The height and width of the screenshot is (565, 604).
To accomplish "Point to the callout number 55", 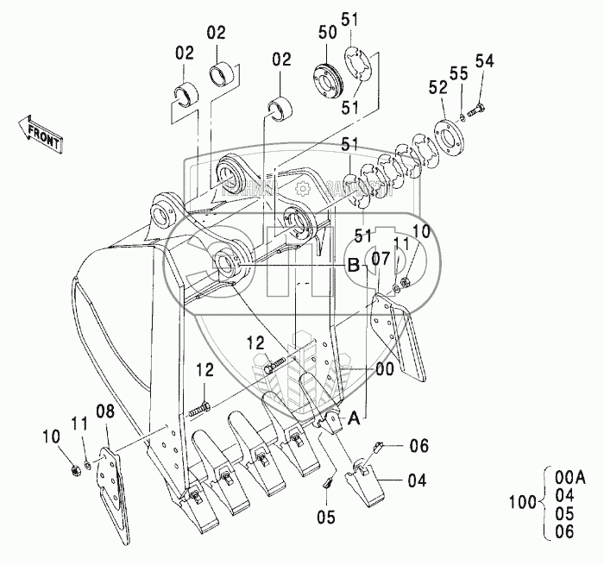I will tap(463, 75).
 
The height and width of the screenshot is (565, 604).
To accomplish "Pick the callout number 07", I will tap(381, 258).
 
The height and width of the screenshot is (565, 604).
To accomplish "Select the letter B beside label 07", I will tap(353, 266).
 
